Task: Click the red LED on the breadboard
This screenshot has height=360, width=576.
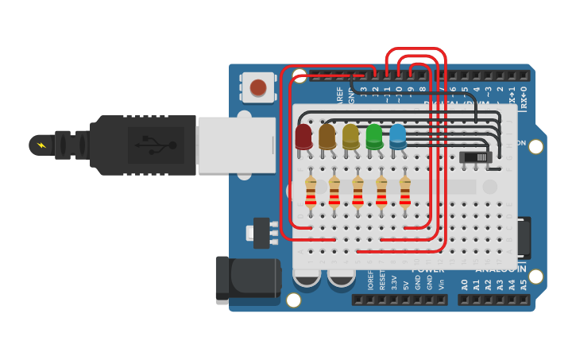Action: (303, 136)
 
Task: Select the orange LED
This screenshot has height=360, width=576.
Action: (327, 136)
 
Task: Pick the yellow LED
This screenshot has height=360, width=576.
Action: (350, 136)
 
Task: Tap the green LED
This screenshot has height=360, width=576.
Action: (374, 136)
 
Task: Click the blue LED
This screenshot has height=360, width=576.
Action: (397, 136)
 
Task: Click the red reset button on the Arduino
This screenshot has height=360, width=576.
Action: (257, 87)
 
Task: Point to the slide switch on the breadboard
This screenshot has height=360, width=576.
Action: (475, 157)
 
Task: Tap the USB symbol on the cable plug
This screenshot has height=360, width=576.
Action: (157, 145)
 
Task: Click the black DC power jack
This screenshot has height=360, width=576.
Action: (247, 280)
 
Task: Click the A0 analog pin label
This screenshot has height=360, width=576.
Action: (464, 284)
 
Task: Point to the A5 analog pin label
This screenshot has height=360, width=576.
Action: (523, 284)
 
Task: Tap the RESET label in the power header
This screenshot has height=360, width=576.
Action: (382, 281)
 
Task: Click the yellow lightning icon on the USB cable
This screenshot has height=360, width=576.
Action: (40, 145)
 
